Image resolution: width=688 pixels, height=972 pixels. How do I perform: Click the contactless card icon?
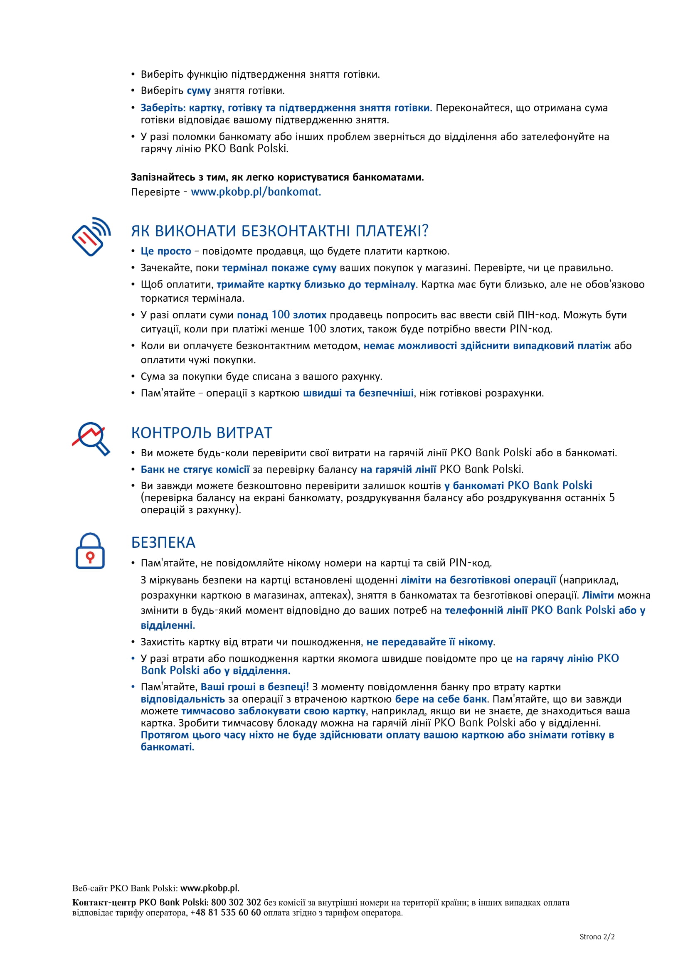pos(91,237)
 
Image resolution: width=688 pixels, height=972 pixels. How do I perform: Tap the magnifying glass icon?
pos(91,438)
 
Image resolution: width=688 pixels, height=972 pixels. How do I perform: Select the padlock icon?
pos(90,551)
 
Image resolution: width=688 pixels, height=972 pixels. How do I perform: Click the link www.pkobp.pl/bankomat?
pos(256,192)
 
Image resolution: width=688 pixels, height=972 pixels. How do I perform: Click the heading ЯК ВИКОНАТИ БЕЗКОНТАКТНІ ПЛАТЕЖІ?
pos(280,231)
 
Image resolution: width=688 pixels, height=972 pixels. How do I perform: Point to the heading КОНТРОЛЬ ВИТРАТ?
pos(201,433)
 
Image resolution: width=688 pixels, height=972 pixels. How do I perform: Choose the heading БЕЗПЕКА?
pos(163,543)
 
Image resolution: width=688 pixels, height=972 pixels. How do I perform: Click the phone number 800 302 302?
pos(236,902)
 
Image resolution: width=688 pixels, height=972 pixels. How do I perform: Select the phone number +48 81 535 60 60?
pos(225,912)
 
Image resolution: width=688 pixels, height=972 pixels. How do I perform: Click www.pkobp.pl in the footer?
pos(209,888)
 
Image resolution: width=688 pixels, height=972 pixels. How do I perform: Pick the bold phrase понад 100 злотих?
pos(281,315)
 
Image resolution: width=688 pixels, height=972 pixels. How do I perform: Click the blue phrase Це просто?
pos(165,251)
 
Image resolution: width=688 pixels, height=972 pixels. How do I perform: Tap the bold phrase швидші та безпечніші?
pos(358,393)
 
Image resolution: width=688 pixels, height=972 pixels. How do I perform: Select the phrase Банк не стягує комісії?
pos(195,469)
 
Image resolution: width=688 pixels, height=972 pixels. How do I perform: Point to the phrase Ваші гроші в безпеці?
pos(254,687)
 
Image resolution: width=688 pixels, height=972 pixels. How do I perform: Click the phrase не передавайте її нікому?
pos(429,642)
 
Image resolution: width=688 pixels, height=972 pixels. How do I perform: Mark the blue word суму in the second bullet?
pos(199,91)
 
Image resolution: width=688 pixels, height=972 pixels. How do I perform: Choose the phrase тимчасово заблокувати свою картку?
pos(273,711)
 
